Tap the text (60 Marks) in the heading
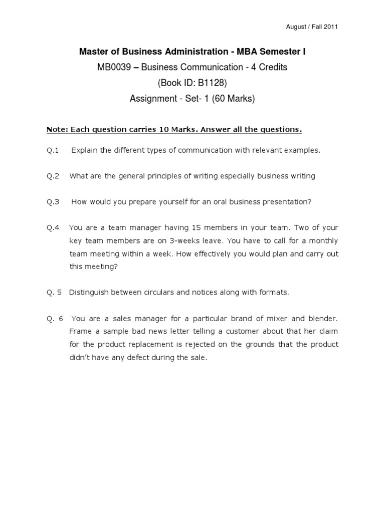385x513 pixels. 234,99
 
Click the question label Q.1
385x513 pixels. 53,150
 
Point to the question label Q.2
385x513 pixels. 53,176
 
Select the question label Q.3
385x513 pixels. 53,202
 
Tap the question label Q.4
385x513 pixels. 53,227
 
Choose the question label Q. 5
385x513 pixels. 54,292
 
